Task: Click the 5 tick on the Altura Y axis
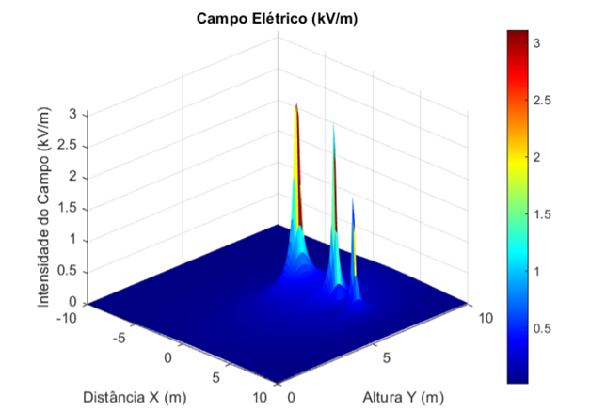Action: (x=386, y=357)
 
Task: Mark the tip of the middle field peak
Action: (x=333, y=122)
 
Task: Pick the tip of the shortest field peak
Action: (x=353, y=198)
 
